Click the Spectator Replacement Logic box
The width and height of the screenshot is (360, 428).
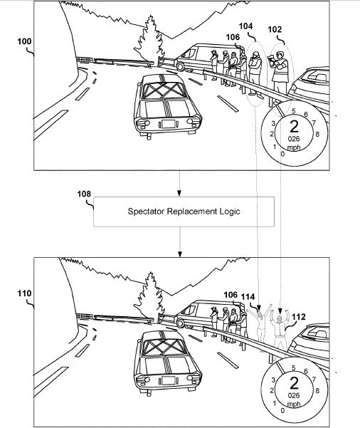[184, 212]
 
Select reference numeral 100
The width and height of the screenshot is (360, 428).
[24, 41]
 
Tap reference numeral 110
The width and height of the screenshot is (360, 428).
[24, 293]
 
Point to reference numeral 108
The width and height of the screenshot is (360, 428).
[84, 194]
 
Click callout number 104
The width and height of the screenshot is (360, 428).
[245, 26]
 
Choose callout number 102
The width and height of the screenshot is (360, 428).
[275, 29]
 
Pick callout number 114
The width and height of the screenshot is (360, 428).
[248, 297]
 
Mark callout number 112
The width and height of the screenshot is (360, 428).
[299, 317]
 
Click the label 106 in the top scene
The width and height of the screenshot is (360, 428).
[233, 37]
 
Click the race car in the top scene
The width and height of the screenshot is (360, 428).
[167, 106]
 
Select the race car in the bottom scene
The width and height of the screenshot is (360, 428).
[167, 363]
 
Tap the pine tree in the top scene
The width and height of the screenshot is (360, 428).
[149, 41]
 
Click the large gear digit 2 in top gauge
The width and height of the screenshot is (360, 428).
[294, 127]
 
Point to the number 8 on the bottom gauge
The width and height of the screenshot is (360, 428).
[317, 390]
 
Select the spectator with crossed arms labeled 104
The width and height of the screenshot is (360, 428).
[255, 74]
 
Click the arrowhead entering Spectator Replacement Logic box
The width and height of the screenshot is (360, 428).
[179, 194]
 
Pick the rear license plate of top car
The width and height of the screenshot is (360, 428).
[169, 124]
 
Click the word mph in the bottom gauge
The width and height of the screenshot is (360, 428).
[294, 404]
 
